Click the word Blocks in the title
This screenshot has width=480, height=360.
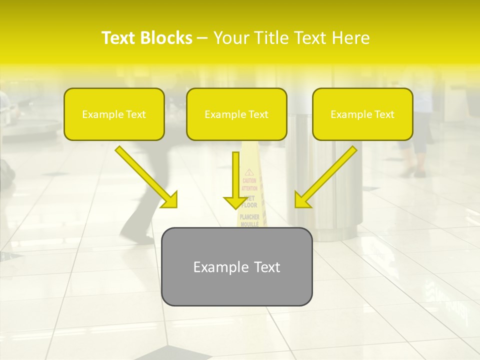coord(167,38)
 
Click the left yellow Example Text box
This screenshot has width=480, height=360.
coord(114,114)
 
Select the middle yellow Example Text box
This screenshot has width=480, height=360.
coord(236,114)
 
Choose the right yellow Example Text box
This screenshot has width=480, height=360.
coord(362,114)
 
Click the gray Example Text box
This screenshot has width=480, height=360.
coord(236,266)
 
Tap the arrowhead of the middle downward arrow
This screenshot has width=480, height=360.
coord(234,202)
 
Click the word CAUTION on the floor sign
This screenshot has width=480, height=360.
coord(249,181)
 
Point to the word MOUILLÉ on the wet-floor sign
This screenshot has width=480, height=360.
coord(249,224)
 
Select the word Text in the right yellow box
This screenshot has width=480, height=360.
coord(384,114)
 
